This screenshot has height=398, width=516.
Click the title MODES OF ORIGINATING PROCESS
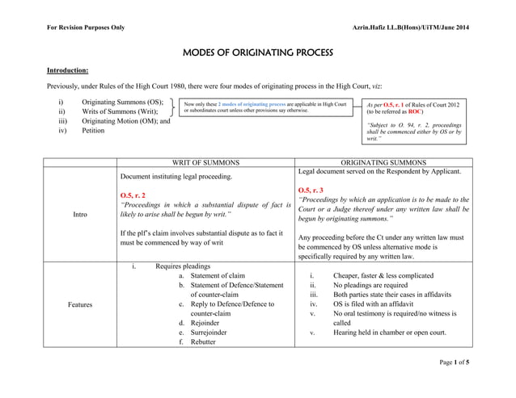[258, 53]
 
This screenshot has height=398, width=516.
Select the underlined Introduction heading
[67, 70]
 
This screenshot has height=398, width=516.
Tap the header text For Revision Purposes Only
[86, 28]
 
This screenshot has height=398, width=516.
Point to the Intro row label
[80, 215]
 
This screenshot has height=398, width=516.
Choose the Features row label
[80, 304]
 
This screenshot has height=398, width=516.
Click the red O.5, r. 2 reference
[133, 195]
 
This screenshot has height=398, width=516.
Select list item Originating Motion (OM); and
[125, 121]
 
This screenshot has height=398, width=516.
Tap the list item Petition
[93, 131]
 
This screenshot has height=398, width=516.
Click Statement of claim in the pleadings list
[218, 275]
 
